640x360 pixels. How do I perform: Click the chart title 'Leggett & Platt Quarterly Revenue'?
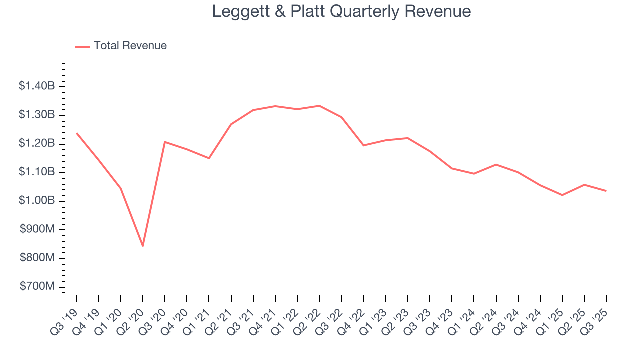[x=341, y=11]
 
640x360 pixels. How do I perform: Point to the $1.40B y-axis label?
[x=36, y=86]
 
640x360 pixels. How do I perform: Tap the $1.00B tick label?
[x=36, y=201]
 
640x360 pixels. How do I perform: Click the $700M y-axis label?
[x=37, y=287]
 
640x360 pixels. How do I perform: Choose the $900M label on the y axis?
[x=37, y=230]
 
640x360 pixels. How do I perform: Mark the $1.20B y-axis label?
[x=36, y=144]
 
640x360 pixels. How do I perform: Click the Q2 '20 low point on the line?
[x=143, y=246]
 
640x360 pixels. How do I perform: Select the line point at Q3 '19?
[x=76, y=133]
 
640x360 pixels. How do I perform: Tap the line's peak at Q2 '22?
[x=319, y=106]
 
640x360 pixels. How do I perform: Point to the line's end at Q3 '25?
[x=606, y=191]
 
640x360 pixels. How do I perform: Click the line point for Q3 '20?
[x=165, y=142]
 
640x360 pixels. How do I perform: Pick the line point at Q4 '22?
[x=363, y=145]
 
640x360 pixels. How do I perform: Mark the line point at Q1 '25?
[x=562, y=195]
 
